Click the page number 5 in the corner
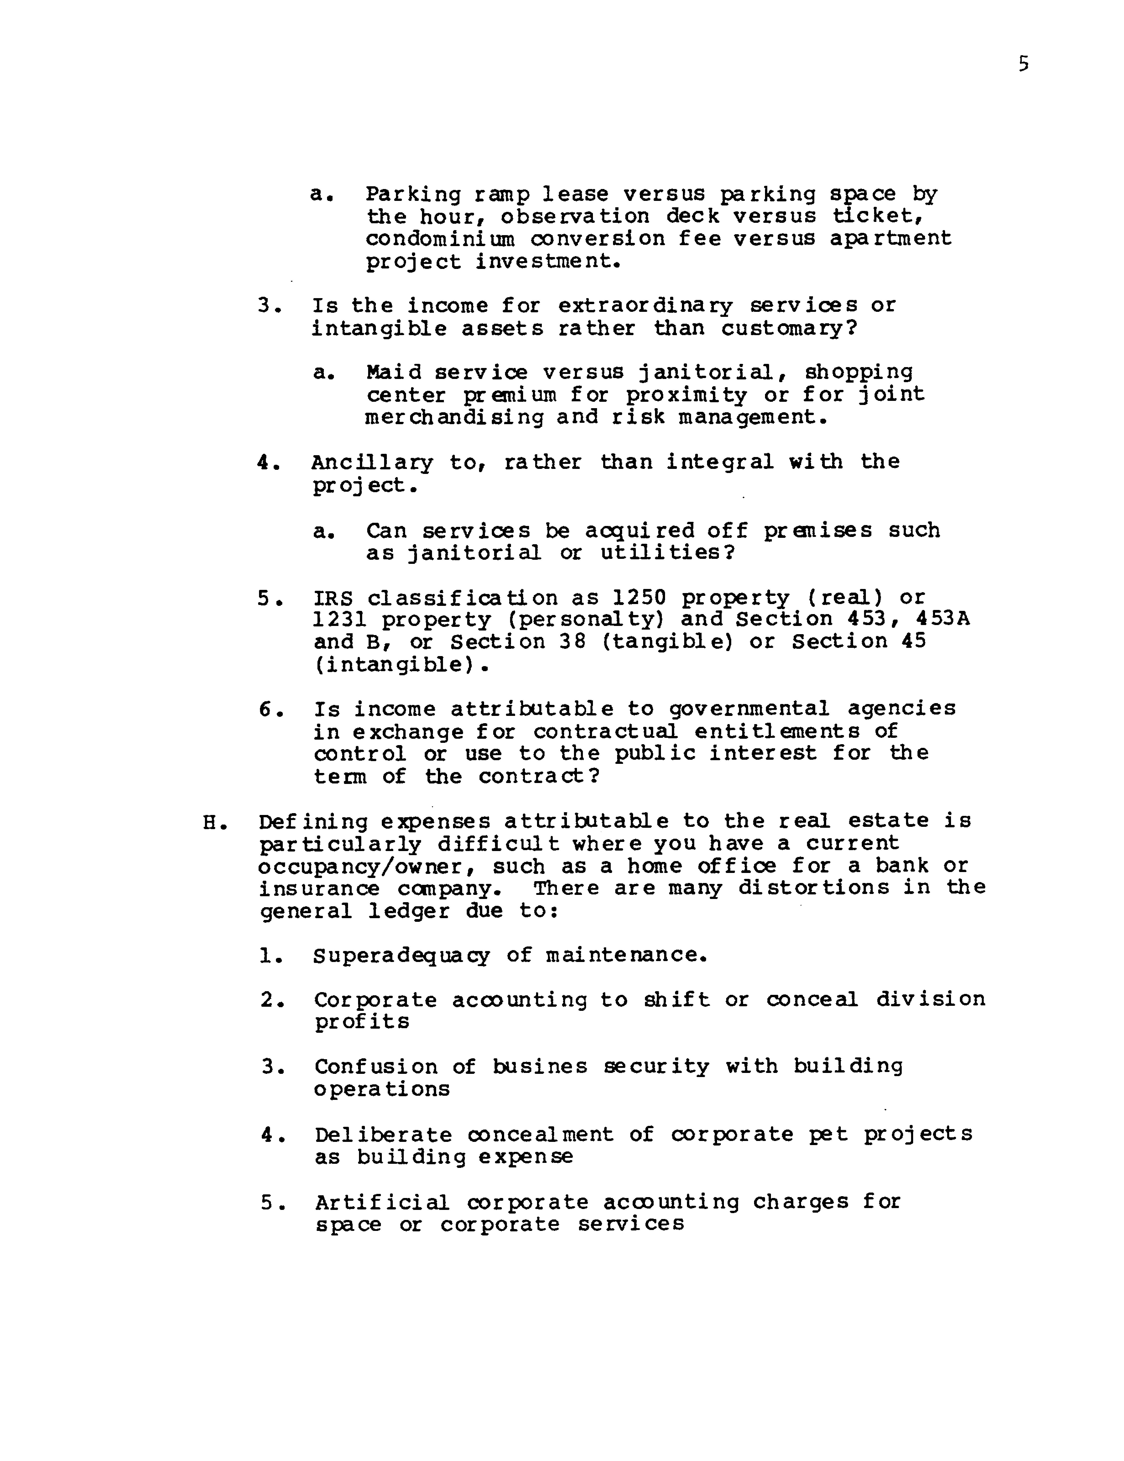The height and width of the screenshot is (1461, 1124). coord(1023,64)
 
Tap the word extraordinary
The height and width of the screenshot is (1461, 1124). coord(645,306)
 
